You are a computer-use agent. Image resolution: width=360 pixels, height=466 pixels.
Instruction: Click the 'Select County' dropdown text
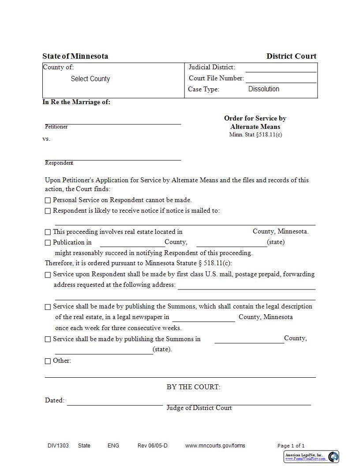point(90,79)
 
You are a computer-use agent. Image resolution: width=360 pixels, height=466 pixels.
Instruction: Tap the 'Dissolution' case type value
point(263,89)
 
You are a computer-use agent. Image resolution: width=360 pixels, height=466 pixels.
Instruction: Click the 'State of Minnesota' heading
point(75,56)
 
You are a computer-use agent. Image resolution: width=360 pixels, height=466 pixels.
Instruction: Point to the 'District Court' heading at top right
point(291,56)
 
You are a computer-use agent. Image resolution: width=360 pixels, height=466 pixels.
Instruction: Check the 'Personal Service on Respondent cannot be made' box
point(48,200)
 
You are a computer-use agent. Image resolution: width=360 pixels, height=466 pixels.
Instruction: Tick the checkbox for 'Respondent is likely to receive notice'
point(48,211)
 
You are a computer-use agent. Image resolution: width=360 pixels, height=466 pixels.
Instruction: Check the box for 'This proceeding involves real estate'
point(48,232)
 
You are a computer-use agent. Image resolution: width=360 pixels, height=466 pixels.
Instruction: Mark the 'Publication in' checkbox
point(48,243)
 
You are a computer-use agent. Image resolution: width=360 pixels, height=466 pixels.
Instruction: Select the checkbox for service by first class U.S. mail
point(48,275)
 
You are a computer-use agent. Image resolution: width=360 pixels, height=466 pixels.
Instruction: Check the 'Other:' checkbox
point(48,361)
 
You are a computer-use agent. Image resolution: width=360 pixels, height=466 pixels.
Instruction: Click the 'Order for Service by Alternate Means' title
point(255,122)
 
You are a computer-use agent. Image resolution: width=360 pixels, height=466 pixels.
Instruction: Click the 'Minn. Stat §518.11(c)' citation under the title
point(255,135)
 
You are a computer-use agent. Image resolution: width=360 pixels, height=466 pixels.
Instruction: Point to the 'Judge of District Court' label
point(199,408)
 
